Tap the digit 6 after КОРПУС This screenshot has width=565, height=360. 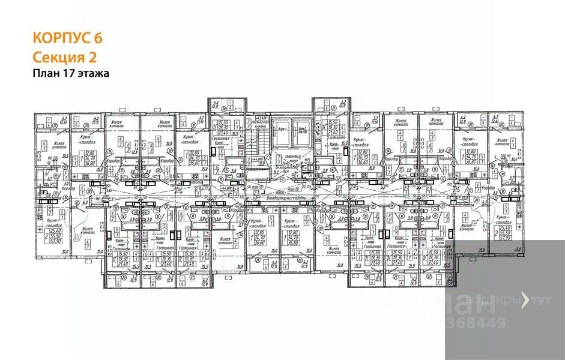pyautogui.click(x=98, y=37)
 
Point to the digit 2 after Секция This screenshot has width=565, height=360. pyautogui.click(x=92, y=57)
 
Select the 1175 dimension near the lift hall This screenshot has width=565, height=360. pyautogui.click(x=306, y=160)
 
